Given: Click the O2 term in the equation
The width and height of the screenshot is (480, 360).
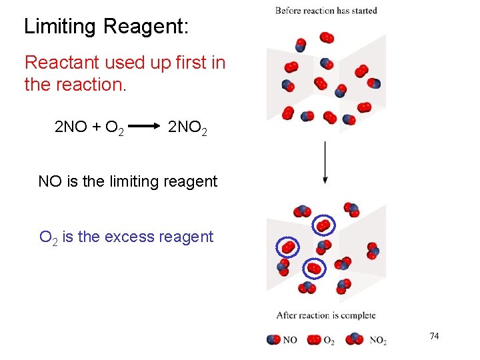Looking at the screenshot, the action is [113, 128].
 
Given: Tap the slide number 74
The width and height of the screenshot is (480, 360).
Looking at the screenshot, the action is [434, 336].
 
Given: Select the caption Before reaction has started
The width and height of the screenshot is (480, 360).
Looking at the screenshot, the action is [326, 11].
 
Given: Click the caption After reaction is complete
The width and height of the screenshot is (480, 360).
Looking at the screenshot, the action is [326, 315].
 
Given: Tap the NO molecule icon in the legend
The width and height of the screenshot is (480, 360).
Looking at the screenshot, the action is [273, 340].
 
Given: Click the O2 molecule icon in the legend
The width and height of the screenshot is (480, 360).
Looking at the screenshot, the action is [314, 340].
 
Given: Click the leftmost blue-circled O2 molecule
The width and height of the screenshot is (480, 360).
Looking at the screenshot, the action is [287, 247].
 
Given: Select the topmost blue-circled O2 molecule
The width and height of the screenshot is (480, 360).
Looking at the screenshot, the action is [323, 226].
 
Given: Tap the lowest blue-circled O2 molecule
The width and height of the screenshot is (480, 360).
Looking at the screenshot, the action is [313, 269].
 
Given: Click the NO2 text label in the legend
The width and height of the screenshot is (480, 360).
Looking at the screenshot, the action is [377, 341].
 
